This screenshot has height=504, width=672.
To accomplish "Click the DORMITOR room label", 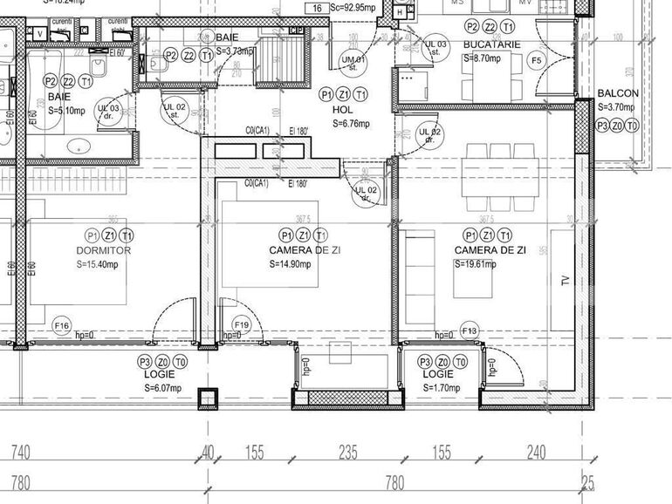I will tap(103, 250).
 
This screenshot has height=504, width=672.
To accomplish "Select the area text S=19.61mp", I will tap(475, 264).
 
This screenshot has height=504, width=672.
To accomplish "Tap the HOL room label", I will tap(343, 110).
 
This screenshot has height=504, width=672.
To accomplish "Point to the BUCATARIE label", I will tap(492, 44).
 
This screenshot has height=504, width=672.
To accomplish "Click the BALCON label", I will tap(618, 93).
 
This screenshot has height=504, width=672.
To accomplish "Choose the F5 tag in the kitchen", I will tap(537, 60).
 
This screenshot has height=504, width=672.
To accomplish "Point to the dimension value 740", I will tap(21, 453).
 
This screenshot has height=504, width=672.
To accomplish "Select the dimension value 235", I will tap(348, 453).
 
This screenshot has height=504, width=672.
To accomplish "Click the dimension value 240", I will tap(535, 453).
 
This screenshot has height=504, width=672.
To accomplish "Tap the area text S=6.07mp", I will tap(162, 388).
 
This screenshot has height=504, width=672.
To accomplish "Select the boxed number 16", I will tap(317, 9).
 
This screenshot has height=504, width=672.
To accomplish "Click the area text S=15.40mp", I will tap(103, 264).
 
